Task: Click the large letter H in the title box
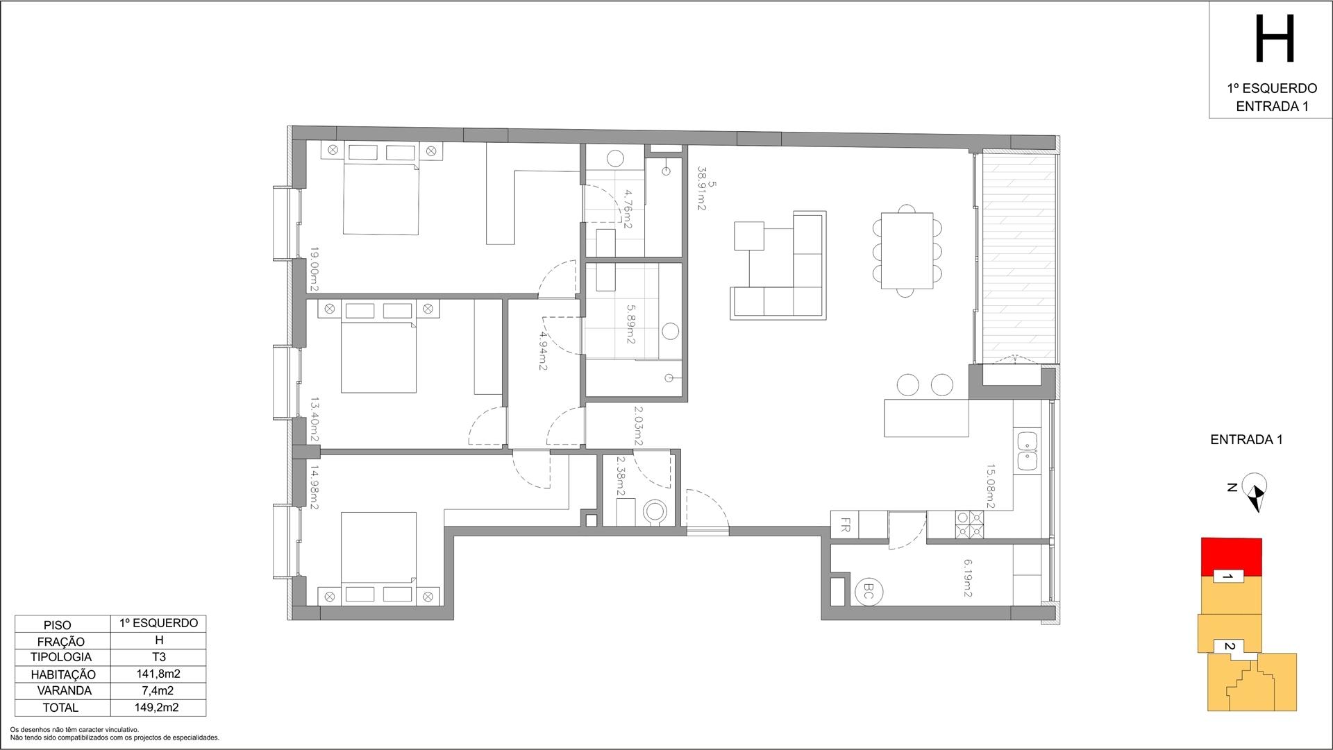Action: point(1275,40)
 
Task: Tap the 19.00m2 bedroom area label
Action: point(315,270)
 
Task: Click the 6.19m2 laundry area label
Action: point(967,579)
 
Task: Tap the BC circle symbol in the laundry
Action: point(869,592)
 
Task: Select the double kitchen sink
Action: point(1027,450)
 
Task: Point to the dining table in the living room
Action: point(907,250)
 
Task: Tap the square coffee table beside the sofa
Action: point(749,235)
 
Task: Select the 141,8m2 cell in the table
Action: point(158,673)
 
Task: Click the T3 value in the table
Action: point(158,656)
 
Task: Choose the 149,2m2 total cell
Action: point(158,708)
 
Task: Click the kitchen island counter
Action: point(927,418)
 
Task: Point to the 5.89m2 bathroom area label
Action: point(631,325)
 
